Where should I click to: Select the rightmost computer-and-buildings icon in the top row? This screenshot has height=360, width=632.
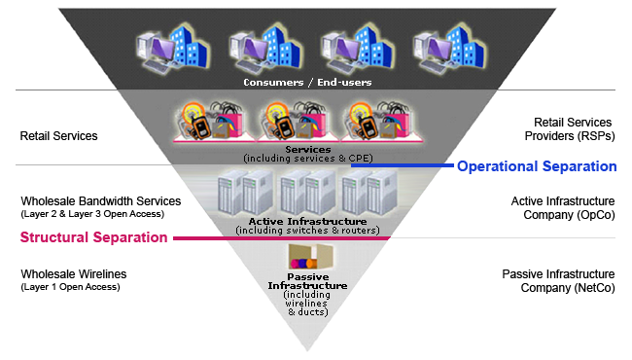[x=444, y=47]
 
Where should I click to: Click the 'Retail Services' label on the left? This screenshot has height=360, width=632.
[x=58, y=136]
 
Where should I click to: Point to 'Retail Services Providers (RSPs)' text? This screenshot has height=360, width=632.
[x=573, y=129]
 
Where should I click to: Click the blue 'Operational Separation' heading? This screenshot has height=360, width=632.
[x=537, y=166]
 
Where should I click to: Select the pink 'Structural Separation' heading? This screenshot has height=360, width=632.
[x=93, y=237]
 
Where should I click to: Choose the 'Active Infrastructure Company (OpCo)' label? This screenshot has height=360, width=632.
[x=561, y=207]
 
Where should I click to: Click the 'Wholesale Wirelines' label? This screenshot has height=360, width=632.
[x=73, y=274]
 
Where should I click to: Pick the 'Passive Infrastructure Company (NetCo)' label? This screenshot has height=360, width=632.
[x=558, y=281]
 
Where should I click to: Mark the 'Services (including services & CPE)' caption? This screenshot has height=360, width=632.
[x=308, y=153]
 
